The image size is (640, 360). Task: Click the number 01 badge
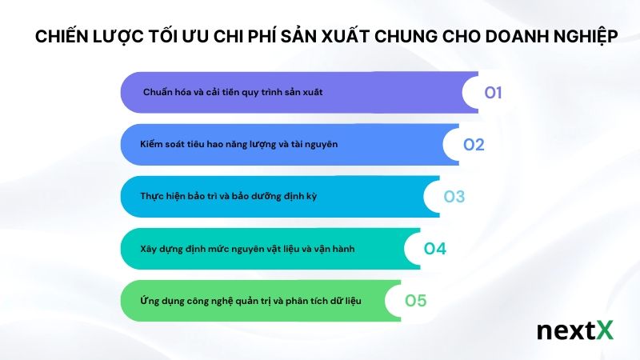tap(493, 93)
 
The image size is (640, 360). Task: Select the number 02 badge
tap(474, 145)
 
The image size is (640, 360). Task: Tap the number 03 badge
tap(454, 197)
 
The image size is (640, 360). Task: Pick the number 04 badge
tap(435, 249)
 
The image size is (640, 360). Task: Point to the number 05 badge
tap(416, 301)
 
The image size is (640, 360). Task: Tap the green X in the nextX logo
tap(604, 330)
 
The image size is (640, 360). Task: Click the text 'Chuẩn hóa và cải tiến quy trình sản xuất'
tap(233, 93)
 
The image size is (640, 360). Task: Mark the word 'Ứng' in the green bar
tap(148, 301)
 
